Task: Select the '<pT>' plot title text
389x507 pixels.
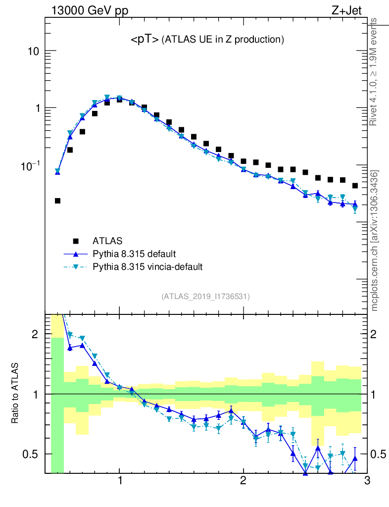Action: tap(145, 40)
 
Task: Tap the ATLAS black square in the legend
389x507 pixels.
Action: tap(76, 241)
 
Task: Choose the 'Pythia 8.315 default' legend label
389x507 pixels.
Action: tap(134, 254)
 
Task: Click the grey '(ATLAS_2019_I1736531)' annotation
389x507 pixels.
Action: tap(205, 297)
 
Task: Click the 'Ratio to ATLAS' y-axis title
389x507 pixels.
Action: tap(15, 394)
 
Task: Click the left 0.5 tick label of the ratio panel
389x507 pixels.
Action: tap(32, 454)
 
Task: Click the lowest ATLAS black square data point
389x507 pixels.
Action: tap(57, 201)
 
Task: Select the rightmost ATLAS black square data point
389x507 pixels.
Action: tap(355, 186)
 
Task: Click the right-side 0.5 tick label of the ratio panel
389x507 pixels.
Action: tap(379, 454)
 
